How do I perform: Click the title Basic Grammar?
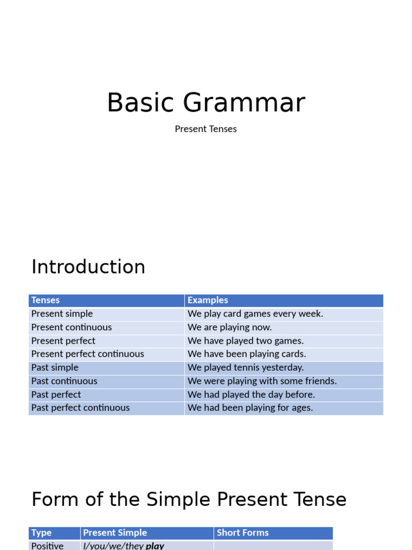pyautogui.click(x=206, y=103)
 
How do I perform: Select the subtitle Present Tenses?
pyautogui.click(x=205, y=129)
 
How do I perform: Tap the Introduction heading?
pyautogui.click(x=89, y=267)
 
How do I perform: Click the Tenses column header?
pyautogui.click(x=46, y=300)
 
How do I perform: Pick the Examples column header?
pyautogui.click(x=208, y=300)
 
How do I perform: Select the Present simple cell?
pyautogui.click(x=62, y=314)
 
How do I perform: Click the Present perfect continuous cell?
pyautogui.click(x=87, y=354)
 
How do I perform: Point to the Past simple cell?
pyautogui.click(x=55, y=367)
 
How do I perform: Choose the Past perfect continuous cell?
pyautogui.click(x=80, y=408)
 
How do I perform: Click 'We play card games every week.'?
pyautogui.click(x=255, y=314)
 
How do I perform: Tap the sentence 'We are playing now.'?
pyautogui.click(x=230, y=327)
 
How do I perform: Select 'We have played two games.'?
pyautogui.click(x=246, y=341)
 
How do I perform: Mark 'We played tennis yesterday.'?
pyautogui.click(x=246, y=367)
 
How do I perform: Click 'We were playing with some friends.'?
pyautogui.click(x=262, y=381)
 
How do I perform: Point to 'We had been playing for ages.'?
pyautogui.click(x=250, y=408)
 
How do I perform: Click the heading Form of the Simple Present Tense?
pyautogui.click(x=189, y=500)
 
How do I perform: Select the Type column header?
pyautogui.click(x=41, y=533)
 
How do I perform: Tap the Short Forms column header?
pyautogui.click(x=242, y=533)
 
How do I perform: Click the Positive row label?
pyautogui.click(x=47, y=546)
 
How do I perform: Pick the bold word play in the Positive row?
pyautogui.click(x=155, y=546)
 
